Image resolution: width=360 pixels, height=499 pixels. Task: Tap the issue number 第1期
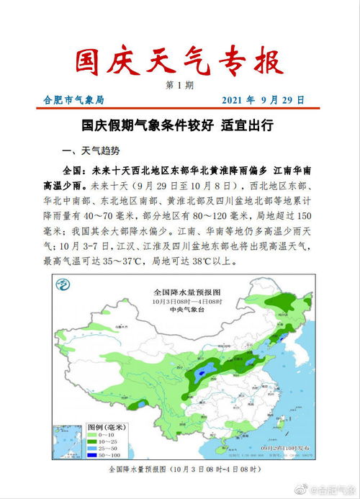[179, 86]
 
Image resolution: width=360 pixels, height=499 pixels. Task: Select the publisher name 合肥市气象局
[73, 100]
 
